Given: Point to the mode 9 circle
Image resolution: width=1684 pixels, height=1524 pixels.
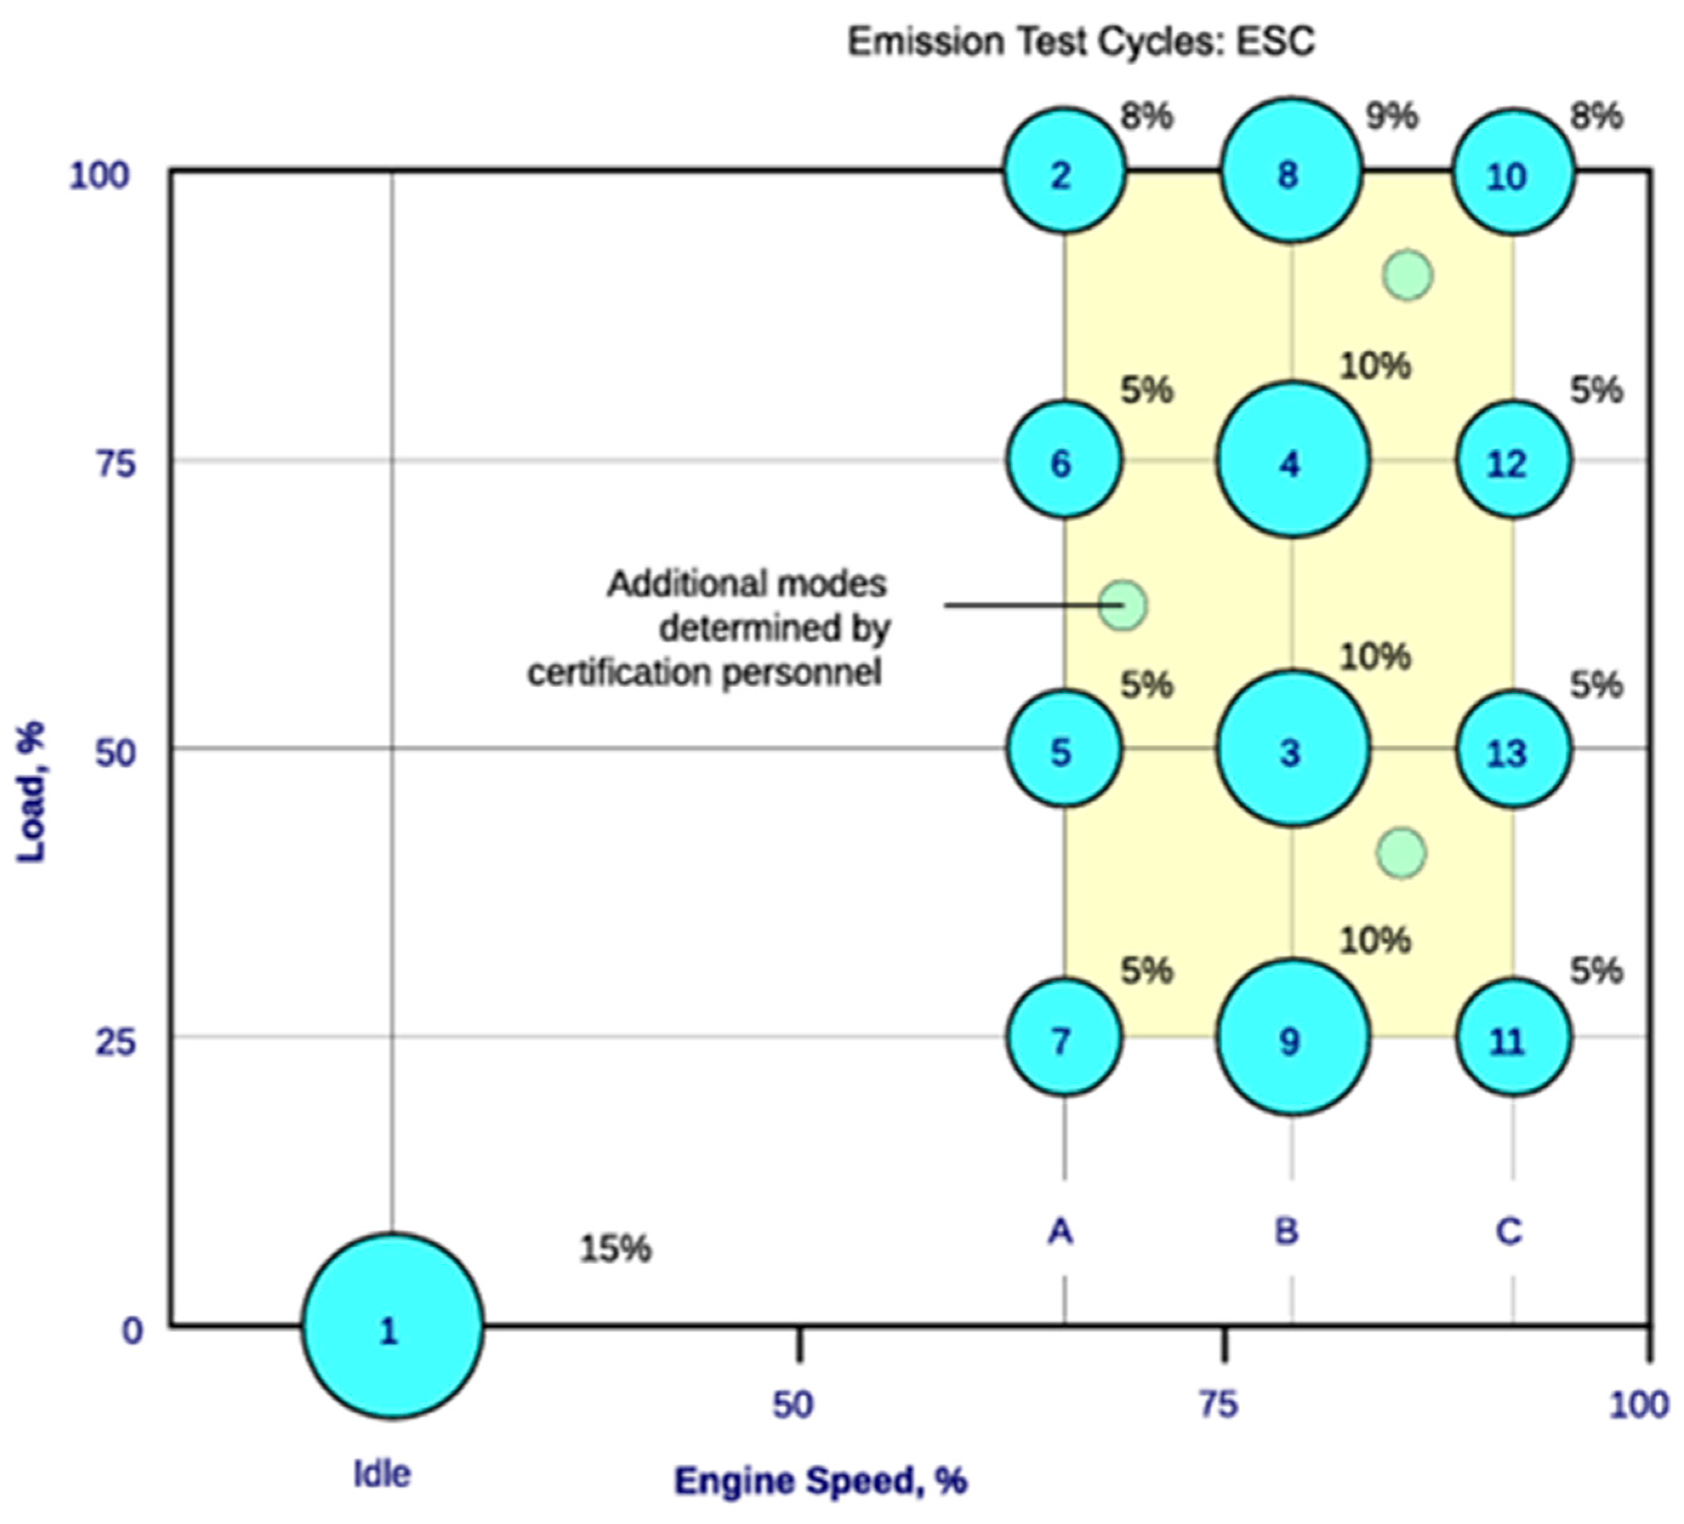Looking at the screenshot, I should click(x=1292, y=1037).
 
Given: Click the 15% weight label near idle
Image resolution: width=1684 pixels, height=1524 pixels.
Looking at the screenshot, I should click(x=615, y=1248).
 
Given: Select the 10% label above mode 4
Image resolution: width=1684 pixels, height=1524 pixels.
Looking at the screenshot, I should click(x=1375, y=366).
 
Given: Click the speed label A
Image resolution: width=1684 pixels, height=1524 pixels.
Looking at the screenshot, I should click(x=1060, y=1231).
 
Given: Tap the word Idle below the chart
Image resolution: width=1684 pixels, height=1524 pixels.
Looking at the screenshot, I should click(x=382, y=1474).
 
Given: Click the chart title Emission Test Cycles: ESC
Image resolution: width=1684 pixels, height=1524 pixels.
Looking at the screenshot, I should click(x=1081, y=41).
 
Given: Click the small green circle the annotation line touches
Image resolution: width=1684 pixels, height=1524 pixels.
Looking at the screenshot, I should click(x=1122, y=604).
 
